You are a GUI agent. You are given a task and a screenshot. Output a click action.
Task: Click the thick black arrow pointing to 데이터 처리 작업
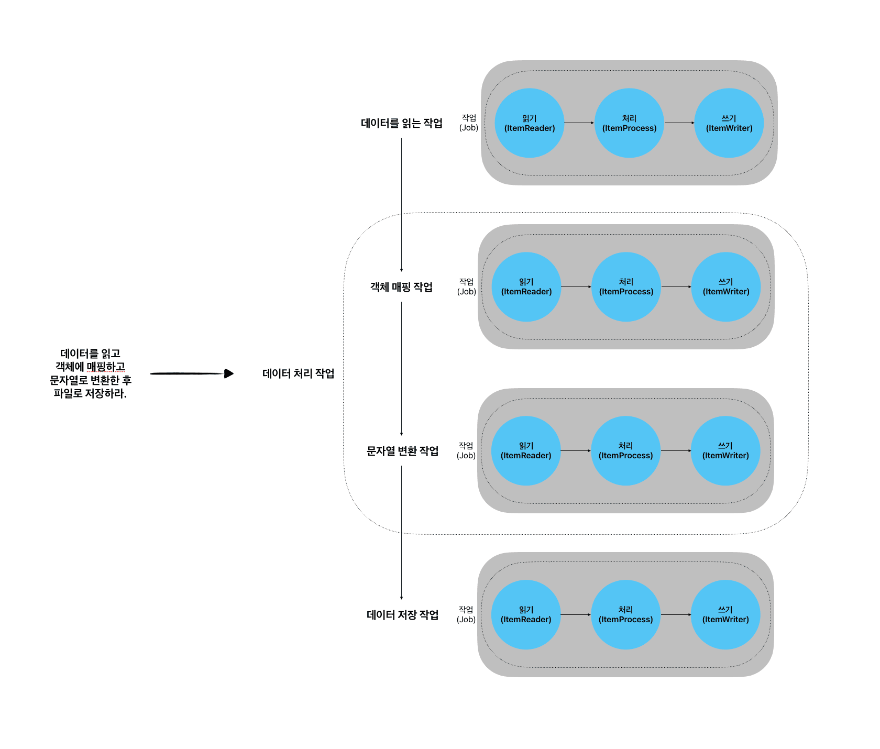pos(191,373)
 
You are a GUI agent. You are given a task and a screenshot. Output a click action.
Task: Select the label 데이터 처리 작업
pos(298,373)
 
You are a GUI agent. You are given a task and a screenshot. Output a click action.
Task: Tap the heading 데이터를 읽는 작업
pos(402,123)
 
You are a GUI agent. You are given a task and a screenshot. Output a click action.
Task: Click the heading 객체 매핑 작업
pos(402,287)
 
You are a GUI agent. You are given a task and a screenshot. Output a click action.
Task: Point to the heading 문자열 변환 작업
pos(402,451)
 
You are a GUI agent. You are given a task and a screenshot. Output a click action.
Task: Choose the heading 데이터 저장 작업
pos(402,615)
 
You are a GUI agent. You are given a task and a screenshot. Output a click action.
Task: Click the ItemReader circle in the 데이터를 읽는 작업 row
pos(530,123)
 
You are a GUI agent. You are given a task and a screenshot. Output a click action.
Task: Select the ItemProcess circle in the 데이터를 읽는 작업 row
pos(629,123)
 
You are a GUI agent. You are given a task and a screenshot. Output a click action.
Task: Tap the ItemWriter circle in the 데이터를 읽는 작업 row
pos(729,123)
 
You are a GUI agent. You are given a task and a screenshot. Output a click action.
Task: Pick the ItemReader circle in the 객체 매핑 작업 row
pos(526,287)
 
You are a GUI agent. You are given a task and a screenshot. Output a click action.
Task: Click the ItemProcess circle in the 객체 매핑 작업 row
pos(626,287)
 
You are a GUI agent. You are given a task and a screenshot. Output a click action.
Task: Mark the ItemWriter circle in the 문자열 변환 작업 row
pos(725,451)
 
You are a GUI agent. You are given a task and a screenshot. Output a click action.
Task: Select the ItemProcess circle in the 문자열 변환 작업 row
pos(626,451)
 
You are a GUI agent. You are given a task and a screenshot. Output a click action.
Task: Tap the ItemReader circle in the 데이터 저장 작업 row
pos(526,615)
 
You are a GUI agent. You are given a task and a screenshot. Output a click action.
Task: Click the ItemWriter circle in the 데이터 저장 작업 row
pos(725,615)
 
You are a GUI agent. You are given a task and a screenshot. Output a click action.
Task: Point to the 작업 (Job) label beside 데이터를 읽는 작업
pos(469,123)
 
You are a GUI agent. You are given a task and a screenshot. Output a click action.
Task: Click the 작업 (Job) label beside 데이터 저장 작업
pos(466,614)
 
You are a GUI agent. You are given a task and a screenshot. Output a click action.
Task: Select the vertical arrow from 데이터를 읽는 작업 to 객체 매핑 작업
pos(402,204)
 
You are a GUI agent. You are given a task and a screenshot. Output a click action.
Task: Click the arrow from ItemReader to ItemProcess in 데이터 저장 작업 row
pos(576,615)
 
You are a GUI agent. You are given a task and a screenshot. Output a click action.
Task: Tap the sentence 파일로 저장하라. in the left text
pos(90,393)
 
